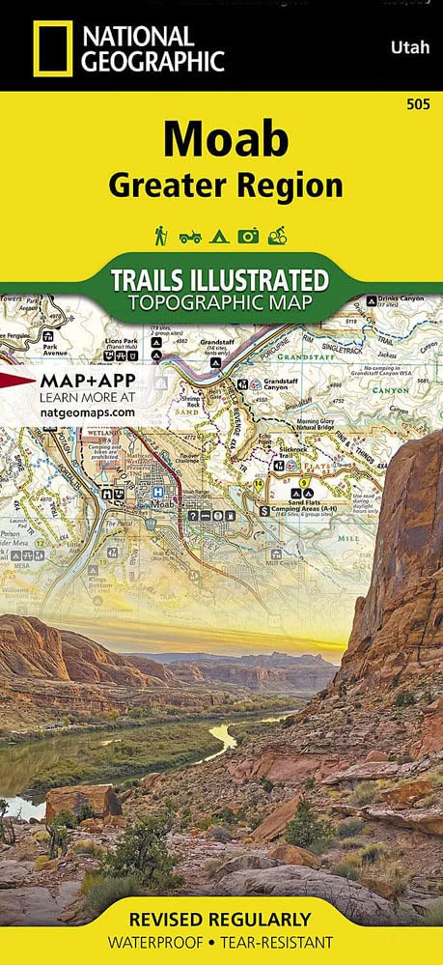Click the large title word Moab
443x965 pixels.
click(x=225, y=141)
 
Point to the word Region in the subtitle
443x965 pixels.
click(x=291, y=184)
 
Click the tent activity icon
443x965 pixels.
click(x=221, y=235)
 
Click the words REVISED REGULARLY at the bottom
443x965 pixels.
click(x=222, y=919)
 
